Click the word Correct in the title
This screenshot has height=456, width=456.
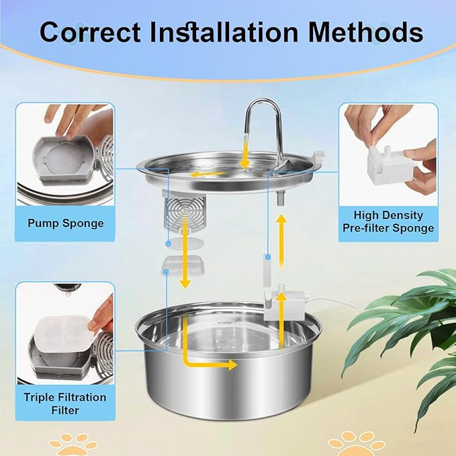click(90, 32)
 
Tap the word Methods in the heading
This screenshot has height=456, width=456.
click(365, 32)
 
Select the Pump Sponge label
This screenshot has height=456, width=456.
click(66, 223)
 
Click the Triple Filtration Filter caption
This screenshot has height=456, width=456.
click(65, 404)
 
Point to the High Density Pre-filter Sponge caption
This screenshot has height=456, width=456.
click(388, 222)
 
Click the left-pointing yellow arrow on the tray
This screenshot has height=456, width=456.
click(208, 174)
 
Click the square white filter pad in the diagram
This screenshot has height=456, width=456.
click(183, 265)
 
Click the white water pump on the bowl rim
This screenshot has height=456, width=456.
click(283, 304)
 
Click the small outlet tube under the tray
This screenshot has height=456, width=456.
click(280, 199)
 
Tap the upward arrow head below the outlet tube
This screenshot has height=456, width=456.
click(281, 218)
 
